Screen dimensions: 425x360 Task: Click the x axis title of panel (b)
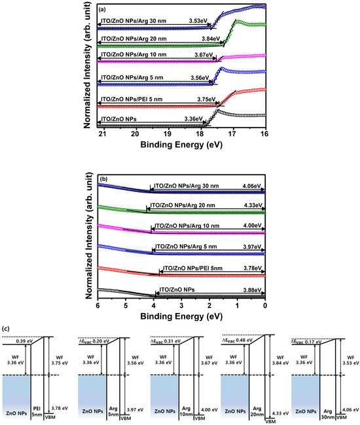181,316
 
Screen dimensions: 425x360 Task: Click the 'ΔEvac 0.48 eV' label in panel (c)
240,339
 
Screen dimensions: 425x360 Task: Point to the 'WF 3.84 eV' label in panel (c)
275,361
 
